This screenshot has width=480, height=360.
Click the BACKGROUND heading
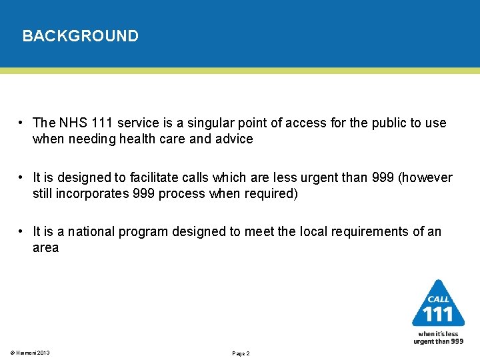80,36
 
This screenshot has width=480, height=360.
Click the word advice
235,139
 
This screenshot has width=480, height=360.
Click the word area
46,247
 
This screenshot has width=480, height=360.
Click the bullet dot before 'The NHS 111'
22,123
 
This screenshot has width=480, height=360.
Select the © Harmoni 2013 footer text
31,353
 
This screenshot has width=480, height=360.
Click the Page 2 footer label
241,353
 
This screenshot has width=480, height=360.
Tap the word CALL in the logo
438,299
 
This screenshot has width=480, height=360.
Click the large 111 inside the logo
438,313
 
